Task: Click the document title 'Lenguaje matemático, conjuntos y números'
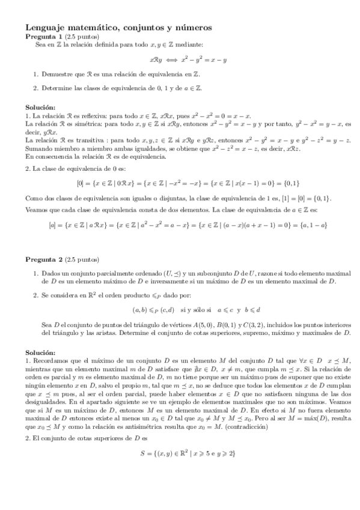(118, 28)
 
